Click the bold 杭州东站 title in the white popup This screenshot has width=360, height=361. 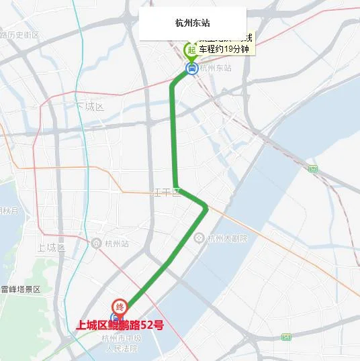coord(191,23)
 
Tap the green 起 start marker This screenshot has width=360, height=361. coord(191,50)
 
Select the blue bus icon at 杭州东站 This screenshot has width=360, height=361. coord(192,68)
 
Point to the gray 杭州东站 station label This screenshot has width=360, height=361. coord(216,68)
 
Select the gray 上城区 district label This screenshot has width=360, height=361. coord(51,248)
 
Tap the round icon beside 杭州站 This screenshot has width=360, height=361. coord(98,243)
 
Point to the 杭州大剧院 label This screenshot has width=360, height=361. coord(227,238)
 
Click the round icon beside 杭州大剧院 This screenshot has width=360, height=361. coord(199,238)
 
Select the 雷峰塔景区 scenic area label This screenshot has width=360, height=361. coord(21,289)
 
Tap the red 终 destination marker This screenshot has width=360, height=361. coord(120,307)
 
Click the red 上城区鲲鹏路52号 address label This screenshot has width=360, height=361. coord(120,326)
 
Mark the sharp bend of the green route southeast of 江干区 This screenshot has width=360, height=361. coord(206,209)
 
